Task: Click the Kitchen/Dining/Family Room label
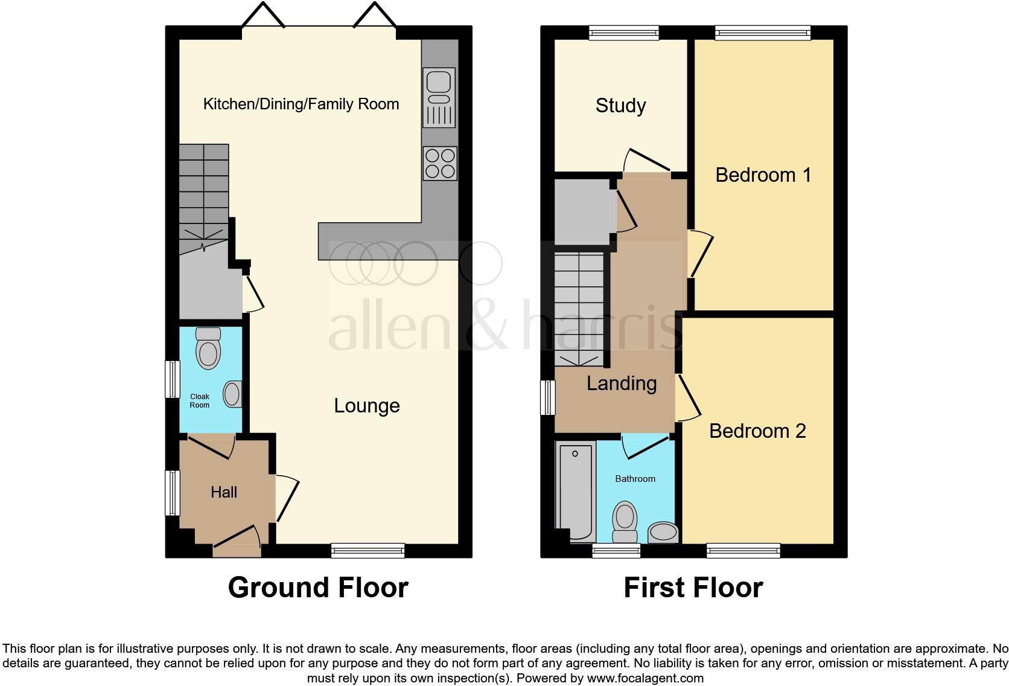(x=301, y=104)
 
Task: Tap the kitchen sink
(x=439, y=97)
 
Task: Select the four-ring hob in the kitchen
(x=439, y=163)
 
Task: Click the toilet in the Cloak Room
(x=209, y=350)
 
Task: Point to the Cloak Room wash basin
(x=232, y=394)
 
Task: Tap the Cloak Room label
(x=200, y=401)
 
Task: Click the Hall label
(x=224, y=492)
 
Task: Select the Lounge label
(x=367, y=406)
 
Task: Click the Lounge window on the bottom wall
(x=368, y=550)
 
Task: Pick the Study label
(x=620, y=106)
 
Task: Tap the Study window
(x=623, y=33)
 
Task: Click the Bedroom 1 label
(x=763, y=175)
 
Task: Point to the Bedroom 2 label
(x=757, y=431)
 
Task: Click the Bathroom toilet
(x=625, y=522)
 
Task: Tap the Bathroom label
(x=635, y=479)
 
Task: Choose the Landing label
(x=622, y=383)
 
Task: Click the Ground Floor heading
(x=318, y=587)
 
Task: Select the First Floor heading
(x=693, y=587)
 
